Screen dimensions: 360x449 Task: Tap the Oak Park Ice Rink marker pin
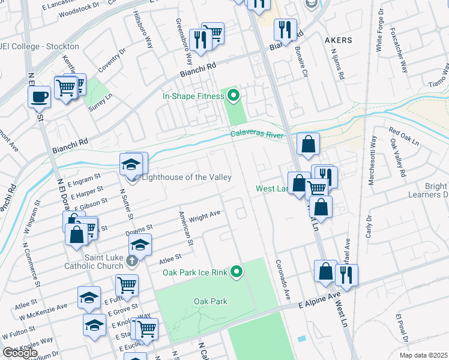(237, 272)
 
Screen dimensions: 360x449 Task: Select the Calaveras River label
(258, 136)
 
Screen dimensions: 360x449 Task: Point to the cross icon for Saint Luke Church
(133, 262)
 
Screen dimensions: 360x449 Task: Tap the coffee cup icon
(40, 96)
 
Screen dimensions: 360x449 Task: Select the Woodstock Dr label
(80, 10)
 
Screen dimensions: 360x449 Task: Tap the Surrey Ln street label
(97, 106)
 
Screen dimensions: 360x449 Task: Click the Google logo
(20, 353)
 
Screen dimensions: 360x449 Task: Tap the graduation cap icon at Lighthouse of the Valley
(131, 164)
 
